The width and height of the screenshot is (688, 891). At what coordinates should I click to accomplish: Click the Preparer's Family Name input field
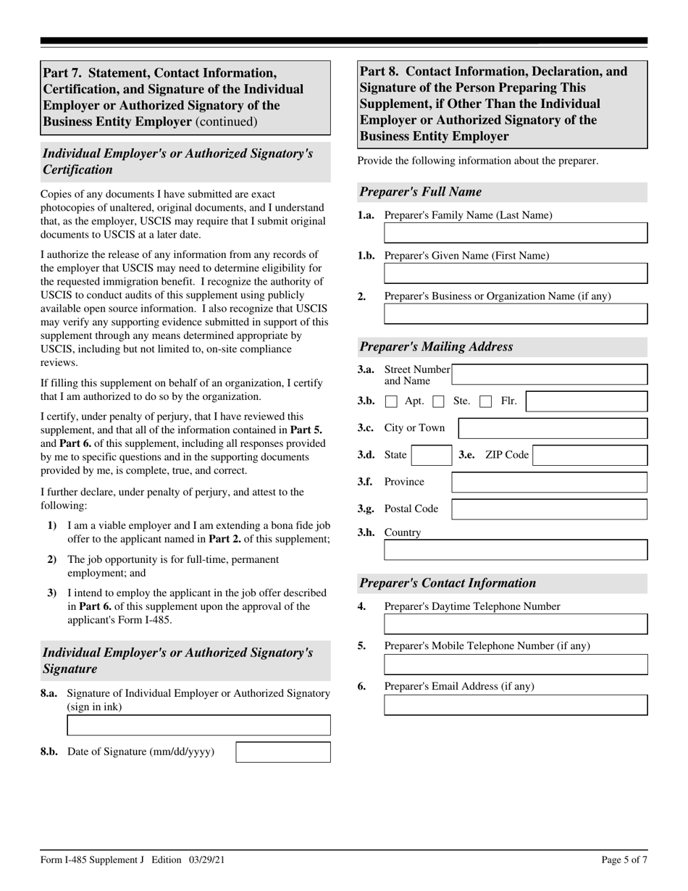(x=515, y=233)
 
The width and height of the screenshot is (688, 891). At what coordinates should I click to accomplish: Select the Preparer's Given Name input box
(x=515, y=273)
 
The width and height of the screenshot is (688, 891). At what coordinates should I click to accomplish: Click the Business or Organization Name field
(x=515, y=314)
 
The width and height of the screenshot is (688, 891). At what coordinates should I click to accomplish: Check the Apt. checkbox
(x=391, y=401)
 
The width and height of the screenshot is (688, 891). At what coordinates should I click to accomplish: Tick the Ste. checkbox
(x=438, y=401)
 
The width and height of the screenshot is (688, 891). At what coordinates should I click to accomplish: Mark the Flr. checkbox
(x=486, y=401)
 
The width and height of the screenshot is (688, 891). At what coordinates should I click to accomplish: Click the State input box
(x=431, y=456)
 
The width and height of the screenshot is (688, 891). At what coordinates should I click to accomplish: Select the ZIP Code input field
(x=590, y=456)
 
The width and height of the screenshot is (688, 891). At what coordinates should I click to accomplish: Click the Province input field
(x=549, y=482)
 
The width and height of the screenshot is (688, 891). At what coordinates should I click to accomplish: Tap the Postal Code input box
(x=549, y=509)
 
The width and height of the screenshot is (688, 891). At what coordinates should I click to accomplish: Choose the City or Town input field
(x=553, y=428)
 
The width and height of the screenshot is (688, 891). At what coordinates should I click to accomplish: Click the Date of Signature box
(x=283, y=752)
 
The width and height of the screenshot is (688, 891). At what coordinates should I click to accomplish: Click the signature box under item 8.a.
(x=198, y=725)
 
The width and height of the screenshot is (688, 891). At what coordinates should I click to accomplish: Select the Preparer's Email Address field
(x=515, y=705)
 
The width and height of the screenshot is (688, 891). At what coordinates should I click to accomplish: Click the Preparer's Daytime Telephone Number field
(x=515, y=624)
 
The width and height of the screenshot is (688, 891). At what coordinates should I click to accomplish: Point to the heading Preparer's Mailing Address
(x=436, y=347)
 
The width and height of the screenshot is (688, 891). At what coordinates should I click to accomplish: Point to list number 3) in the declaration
(x=52, y=593)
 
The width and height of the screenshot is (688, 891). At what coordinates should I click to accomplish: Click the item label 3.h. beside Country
(x=366, y=532)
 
